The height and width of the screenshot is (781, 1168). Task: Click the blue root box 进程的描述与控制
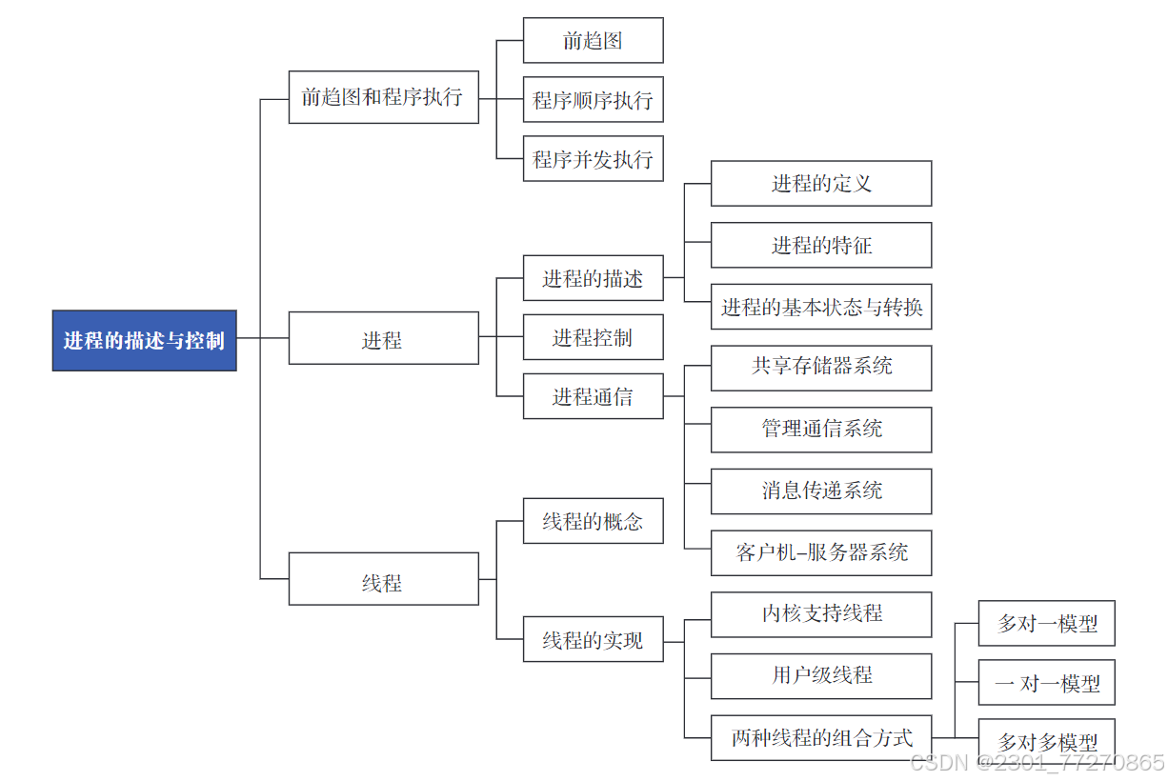pyautogui.click(x=144, y=340)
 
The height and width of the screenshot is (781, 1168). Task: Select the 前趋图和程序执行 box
pyautogui.click(x=383, y=97)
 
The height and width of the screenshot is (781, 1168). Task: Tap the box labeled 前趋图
pyautogui.click(x=593, y=41)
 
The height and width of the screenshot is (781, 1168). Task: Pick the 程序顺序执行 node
pyautogui.click(x=593, y=100)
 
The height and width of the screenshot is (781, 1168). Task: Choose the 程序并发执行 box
pyautogui.click(x=593, y=159)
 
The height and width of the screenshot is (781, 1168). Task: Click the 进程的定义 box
pyautogui.click(x=820, y=184)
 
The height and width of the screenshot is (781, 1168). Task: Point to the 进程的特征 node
pyautogui.click(x=820, y=246)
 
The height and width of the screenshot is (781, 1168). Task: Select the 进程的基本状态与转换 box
pyautogui.click(x=820, y=307)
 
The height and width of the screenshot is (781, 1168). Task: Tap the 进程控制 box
pyautogui.click(x=593, y=338)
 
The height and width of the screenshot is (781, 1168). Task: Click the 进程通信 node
pyautogui.click(x=593, y=397)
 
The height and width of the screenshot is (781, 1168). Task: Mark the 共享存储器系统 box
pyautogui.click(x=820, y=368)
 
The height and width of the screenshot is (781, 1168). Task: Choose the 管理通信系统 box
pyautogui.click(x=820, y=430)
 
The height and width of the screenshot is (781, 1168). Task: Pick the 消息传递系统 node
pyautogui.click(x=820, y=491)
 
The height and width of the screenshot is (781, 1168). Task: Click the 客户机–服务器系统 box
pyautogui.click(x=820, y=553)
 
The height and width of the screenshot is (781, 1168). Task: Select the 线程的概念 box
pyautogui.click(x=593, y=521)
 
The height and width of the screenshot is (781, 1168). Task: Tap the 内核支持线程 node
pyautogui.click(x=820, y=614)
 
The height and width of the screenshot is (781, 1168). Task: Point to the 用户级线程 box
pyautogui.click(x=820, y=676)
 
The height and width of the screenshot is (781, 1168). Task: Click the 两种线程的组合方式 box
pyautogui.click(x=820, y=738)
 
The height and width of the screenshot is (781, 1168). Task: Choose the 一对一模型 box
pyautogui.click(x=1046, y=683)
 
